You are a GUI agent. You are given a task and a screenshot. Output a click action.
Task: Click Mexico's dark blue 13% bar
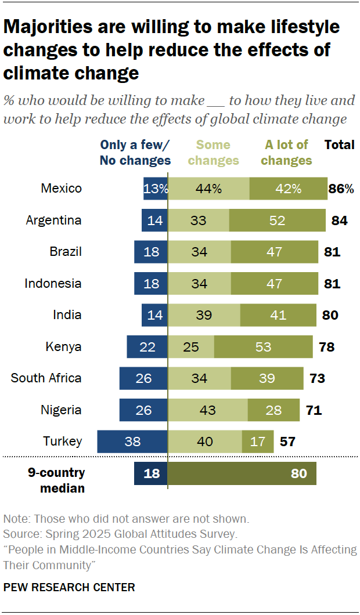(x=156, y=189)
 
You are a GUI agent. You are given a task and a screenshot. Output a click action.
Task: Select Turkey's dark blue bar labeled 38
(x=132, y=442)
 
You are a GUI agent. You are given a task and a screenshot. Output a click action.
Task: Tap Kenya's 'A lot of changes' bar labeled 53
(x=264, y=347)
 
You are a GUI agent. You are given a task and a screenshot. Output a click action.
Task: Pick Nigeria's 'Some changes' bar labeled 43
(x=208, y=410)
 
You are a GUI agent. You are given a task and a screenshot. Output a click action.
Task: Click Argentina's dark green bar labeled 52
(x=278, y=220)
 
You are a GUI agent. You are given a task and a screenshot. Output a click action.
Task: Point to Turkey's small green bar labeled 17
(x=258, y=442)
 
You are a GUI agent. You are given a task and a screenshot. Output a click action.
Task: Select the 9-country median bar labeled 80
(x=242, y=473)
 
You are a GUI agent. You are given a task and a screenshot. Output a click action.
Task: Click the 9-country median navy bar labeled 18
(x=151, y=473)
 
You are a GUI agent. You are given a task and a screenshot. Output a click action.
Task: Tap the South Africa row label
(x=46, y=378)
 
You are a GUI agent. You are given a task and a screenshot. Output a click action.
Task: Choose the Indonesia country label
(x=53, y=284)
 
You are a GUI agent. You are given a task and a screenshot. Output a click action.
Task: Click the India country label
(x=67, y=315)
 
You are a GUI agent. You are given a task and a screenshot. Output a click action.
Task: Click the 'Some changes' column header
(x=213, y=153)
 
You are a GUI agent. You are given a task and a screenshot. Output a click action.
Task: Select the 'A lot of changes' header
(x=286, y=153)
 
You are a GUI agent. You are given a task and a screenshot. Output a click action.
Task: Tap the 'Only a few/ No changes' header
(x=135, y=153)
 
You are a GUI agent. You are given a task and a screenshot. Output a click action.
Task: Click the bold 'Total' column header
(x=340, y=145)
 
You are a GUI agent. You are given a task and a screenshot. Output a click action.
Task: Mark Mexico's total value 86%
(x=341, y=189)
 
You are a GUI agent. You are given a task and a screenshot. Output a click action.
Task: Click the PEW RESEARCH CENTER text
(x=69, y=587)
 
